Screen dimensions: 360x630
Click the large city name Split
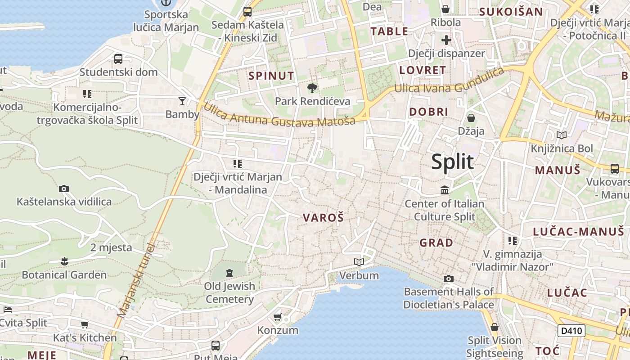452,162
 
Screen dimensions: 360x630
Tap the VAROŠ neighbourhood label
323,218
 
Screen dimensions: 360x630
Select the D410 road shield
571,331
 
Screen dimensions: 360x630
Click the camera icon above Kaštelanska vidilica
64,189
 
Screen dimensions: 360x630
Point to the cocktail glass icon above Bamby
182,101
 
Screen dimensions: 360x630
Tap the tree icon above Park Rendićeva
312,88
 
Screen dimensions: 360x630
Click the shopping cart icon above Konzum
278,317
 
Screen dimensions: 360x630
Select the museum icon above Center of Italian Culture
445,190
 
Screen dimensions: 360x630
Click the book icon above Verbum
359,262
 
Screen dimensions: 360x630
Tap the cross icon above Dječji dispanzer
446,40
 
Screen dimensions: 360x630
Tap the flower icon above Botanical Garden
64,261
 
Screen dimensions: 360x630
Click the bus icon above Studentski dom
118,58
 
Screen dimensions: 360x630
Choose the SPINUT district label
271,76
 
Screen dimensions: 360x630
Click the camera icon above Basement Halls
448,279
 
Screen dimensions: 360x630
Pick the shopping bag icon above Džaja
471,118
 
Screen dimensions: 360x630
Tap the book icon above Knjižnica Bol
562,135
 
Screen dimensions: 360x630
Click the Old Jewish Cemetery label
229,292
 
